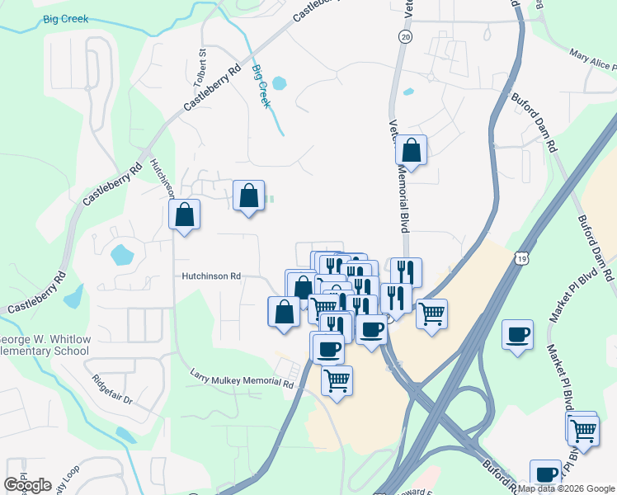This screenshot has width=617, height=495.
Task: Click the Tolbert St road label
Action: click(x=200, y=63)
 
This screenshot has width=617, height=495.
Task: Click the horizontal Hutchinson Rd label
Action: click(x=212, y=276)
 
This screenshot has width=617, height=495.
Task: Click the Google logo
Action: click(x=27, y=485)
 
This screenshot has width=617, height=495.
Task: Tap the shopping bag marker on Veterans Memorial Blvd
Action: click(x=411, y=151)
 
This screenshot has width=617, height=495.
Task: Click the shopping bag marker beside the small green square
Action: click(x=249, y=196)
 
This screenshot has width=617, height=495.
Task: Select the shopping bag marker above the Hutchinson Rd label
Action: click(x=185, y=214)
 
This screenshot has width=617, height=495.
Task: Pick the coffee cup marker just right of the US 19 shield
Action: click(x=517, y=334)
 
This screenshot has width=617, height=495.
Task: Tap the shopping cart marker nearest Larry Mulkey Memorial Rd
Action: click(x=336, y=381)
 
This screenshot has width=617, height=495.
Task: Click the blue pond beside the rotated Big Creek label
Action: click(x=279, y=83)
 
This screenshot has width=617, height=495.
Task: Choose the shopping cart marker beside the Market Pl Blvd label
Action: click(x=582, y=429)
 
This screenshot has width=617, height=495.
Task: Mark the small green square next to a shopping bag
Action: click(x=270, y=198)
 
